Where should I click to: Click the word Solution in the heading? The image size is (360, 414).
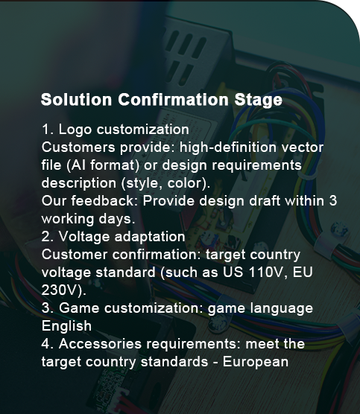point(76,99)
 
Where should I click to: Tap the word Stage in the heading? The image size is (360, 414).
point(258,101)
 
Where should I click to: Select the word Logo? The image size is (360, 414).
point(75,130)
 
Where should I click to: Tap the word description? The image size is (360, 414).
point(79,183)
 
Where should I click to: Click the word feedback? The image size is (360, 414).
point(103,200)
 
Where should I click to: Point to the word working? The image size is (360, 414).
point(68,219)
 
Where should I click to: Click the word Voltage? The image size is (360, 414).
point(84,237)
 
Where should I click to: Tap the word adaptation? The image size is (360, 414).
point(150,237)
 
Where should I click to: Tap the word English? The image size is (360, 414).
point(66,326)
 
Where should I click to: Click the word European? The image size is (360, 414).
point(256,362)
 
